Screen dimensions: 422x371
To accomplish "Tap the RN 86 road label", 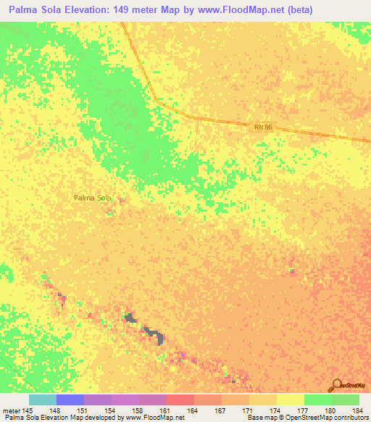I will coord(263,127).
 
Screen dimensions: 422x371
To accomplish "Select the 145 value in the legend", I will coord(28,410).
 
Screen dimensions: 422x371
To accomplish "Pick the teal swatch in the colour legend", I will coord(42,400).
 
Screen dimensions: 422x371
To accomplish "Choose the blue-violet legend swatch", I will coord(70,400).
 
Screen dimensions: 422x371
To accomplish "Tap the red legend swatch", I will coord(180,400).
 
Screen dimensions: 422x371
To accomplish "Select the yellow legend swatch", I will coord(291,400).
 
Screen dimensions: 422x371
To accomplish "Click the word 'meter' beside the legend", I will coord(11,410).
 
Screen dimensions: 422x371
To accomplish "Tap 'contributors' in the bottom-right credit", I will coord(351,418).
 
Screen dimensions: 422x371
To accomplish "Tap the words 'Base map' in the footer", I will coord(259,418).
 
